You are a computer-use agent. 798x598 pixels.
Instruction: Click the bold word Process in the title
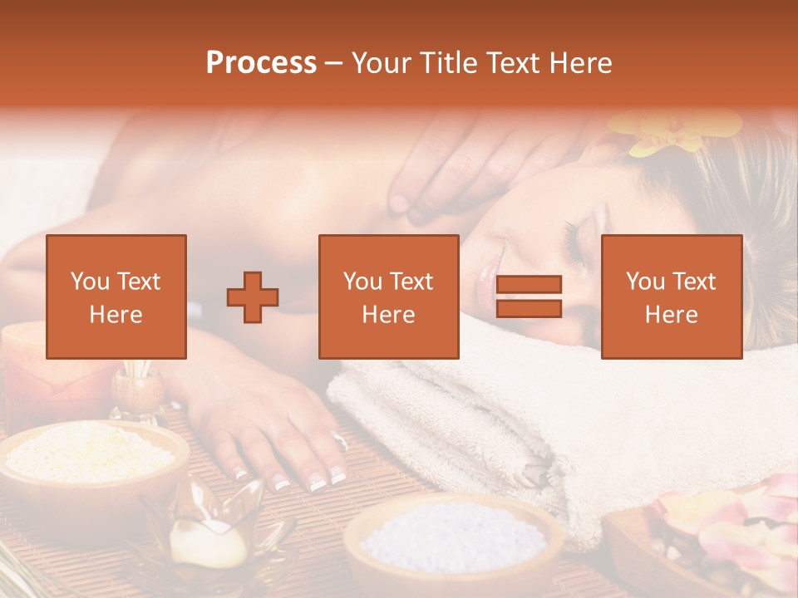[261, 63]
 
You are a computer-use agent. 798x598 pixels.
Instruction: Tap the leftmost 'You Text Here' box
[116, 297]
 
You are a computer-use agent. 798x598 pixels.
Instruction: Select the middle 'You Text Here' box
[389, 297]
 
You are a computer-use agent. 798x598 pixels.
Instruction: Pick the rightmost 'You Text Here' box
[672, 297]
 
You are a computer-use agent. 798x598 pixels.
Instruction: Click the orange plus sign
[253, 297]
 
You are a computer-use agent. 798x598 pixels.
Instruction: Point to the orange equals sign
[529, 297]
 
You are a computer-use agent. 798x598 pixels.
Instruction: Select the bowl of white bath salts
[453, 536]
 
